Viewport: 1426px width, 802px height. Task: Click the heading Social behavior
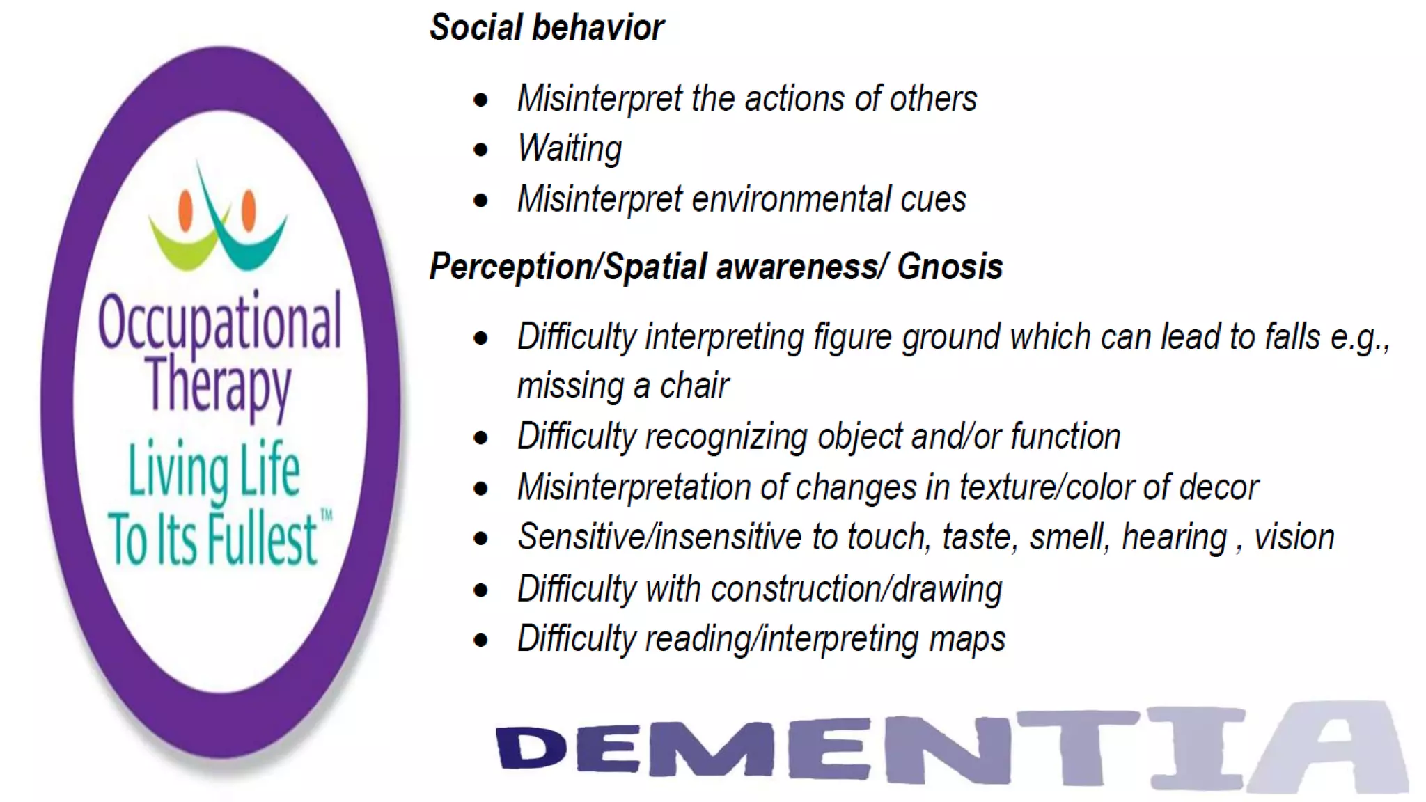pyautogui.click(x=547, y=28)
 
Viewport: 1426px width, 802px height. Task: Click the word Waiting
pyautogui.click(x=570, y=149)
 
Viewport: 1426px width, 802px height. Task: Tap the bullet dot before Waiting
pyautogui.click(x=480, y=150)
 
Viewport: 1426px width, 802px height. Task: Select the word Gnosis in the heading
pyautogui.click(x=950, y=267)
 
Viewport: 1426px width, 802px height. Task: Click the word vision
pyautogui.click(x=1294, y=537)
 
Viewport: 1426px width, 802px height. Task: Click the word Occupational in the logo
pyautogui.click(x=219, y=322)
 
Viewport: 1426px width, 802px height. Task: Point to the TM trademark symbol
pyautogui.click(x=326, y=516)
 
